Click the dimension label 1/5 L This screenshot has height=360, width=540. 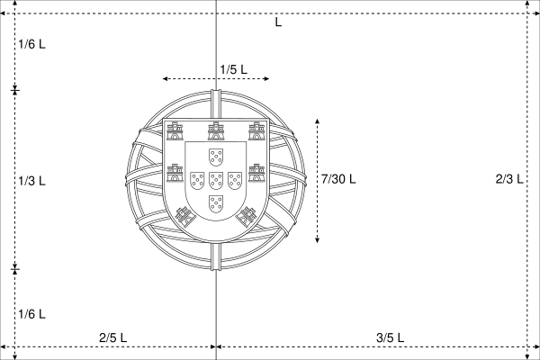click(x=233, y=69)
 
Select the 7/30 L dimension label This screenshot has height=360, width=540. click(x=338, y=179)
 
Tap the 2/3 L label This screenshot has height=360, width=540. click(x=509, y=179)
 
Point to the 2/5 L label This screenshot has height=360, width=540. click(x=113, y=337)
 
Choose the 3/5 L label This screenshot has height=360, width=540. click(x=390, y=337)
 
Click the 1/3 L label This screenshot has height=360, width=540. click(x=31, y=181)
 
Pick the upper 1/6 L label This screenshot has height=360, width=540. click(x=31, y=44)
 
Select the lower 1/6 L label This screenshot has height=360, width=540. click(x=31, y=314)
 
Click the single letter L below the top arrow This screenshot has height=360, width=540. click(x=278, y=22)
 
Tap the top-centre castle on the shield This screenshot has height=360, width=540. click(x=216, y=130)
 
